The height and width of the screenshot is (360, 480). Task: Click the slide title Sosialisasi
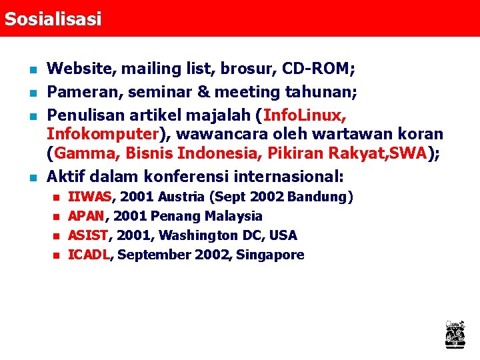point(53,19)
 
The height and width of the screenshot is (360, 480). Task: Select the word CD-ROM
point(317,69)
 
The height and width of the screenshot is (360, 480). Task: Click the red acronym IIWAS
point(91,197)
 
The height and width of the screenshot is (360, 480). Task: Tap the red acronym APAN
point(87,217)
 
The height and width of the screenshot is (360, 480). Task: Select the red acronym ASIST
point(89,235)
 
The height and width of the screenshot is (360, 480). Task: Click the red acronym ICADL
point(89,255)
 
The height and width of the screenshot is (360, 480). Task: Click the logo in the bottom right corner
point(455,334)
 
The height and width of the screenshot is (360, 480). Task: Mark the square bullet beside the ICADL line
point(56,255)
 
